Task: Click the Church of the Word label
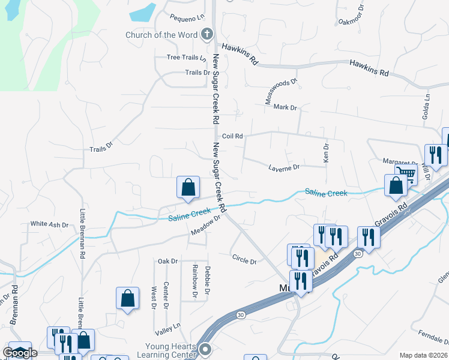(161, 35)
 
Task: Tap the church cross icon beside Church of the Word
(207, 34)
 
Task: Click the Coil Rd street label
(232, 136)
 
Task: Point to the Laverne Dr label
(283, 167)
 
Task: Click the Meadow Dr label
(206, 226)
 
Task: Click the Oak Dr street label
(167, 261)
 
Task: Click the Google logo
(19, 353)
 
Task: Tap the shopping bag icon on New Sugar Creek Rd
(188, 187)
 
